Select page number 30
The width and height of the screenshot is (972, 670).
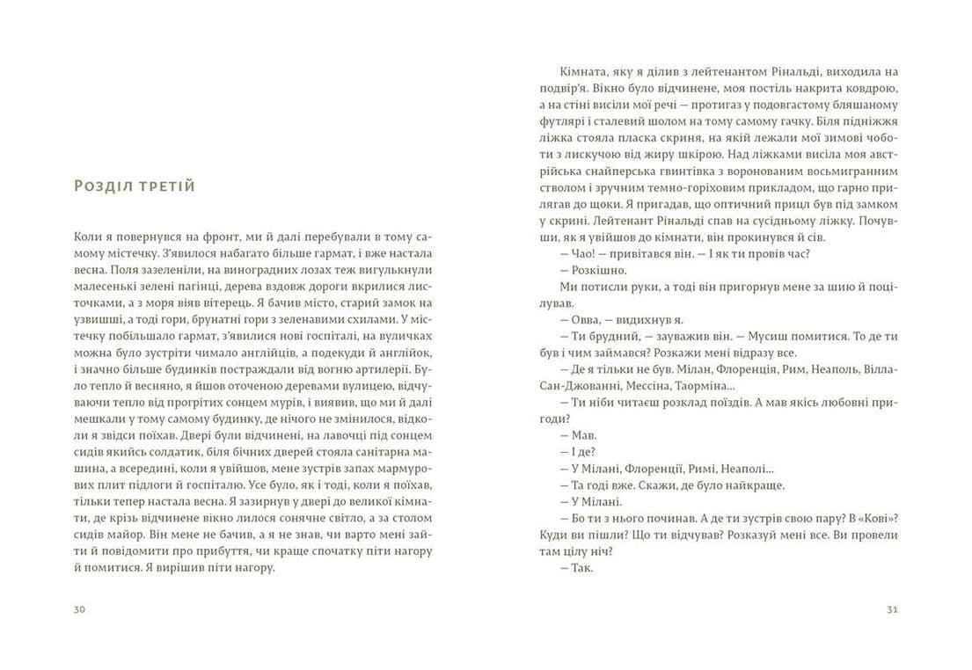(x=79, y=609)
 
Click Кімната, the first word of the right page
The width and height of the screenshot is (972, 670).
(x=584, y=71)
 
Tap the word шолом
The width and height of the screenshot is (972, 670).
(x=701, y=120)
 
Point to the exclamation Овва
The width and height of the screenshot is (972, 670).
(x=587, y=319)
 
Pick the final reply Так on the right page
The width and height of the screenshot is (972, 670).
(x=581, y=567)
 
